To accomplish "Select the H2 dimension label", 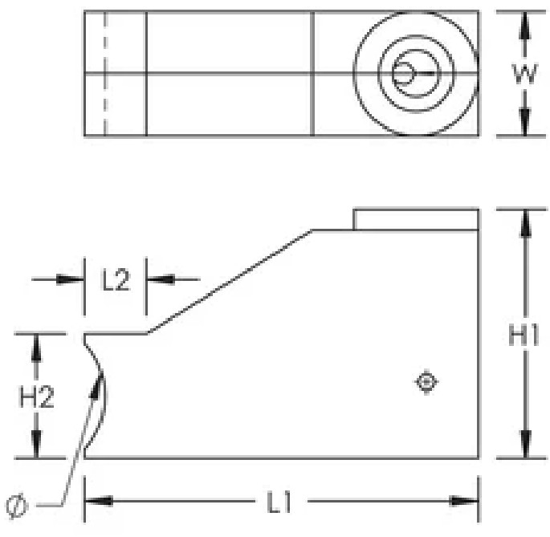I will [37, 397].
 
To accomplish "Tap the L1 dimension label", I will [280, 503].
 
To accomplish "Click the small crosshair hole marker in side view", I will [426, 382].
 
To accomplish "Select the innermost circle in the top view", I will [403, 73].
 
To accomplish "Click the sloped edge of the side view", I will [230, 282].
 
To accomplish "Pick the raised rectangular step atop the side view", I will [416, 219].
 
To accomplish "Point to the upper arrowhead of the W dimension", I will [524, 24].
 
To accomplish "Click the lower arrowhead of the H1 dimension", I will [524, 445].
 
